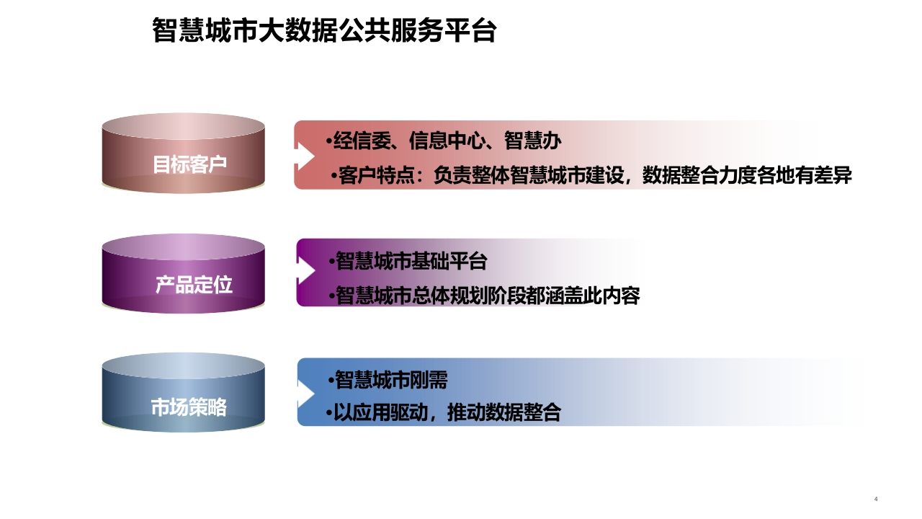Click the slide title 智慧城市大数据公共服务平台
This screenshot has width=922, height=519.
click(324, 30)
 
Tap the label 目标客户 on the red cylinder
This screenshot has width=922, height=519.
click(189, 164)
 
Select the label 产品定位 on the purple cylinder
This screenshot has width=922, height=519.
click(194, 285)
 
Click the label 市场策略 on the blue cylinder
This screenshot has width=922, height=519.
click(189, 407)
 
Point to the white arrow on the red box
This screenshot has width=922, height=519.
click(305, 156)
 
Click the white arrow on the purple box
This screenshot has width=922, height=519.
click(306, 270)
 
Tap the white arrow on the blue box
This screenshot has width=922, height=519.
click(306, 394)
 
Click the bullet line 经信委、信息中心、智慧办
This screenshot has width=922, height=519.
click(444, 141)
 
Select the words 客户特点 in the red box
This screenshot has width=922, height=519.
click(376, 175)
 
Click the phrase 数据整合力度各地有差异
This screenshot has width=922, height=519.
click(747, 175)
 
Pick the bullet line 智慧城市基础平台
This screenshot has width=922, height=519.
click(408, 261)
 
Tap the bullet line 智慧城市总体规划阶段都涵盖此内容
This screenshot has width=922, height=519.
click(485, 296)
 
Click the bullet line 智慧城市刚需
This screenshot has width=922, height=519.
click(388, 380)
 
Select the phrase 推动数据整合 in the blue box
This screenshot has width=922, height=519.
click(504, 412)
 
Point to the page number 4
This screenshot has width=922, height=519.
click(876, 499)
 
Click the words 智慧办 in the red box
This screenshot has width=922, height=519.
click(533, 141)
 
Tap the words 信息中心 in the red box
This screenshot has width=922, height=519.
click(447, 141)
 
